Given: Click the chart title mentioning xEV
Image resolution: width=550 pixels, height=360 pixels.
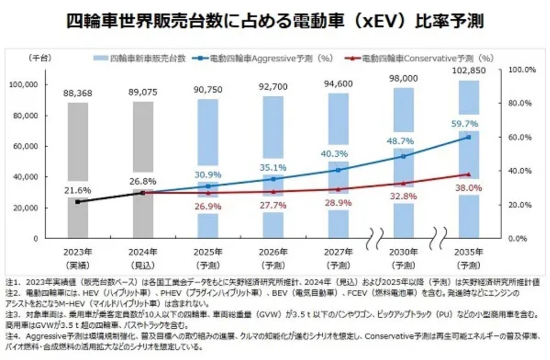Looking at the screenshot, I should click(275, 21).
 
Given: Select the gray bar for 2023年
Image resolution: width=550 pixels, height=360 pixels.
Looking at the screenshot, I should click(78, 161).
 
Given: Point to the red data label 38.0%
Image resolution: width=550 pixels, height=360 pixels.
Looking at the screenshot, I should click(468, 188).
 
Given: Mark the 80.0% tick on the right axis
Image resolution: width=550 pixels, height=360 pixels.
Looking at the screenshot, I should click(519, 104).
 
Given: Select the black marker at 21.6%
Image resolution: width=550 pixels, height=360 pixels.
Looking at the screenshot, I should click(78, 201).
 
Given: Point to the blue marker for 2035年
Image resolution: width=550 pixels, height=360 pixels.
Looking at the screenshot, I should click(468, 137).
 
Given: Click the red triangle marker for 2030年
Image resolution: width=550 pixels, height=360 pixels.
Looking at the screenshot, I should click(403, 183).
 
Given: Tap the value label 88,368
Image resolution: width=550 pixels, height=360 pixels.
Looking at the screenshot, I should click(78, 93).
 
